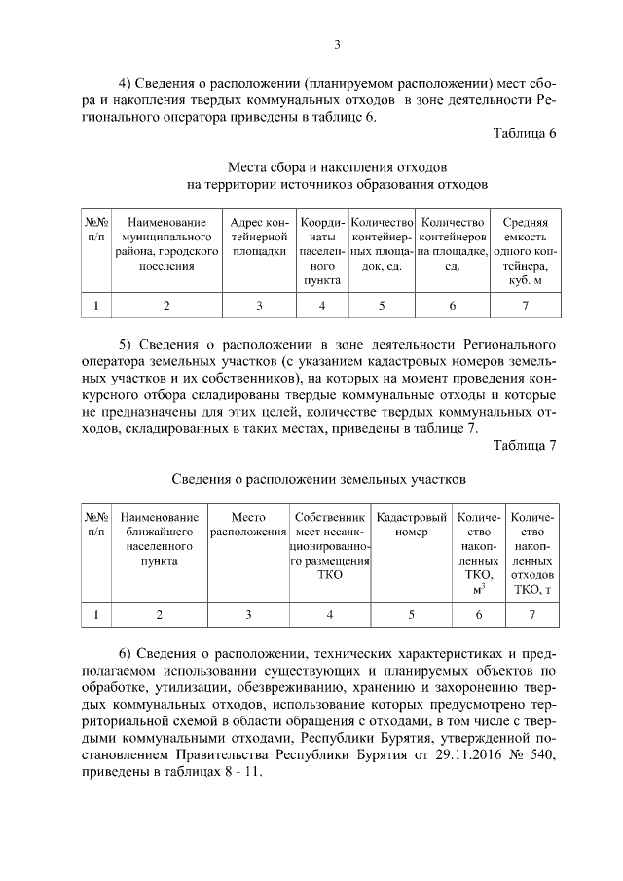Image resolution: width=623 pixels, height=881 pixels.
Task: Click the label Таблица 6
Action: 525,134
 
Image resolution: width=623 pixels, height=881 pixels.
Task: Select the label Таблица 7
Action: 525,447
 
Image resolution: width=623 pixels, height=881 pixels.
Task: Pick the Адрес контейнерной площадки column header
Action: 259,236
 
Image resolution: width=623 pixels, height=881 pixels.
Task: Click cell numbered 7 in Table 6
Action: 525,306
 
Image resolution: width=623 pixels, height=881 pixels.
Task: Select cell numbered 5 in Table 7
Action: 412,614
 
